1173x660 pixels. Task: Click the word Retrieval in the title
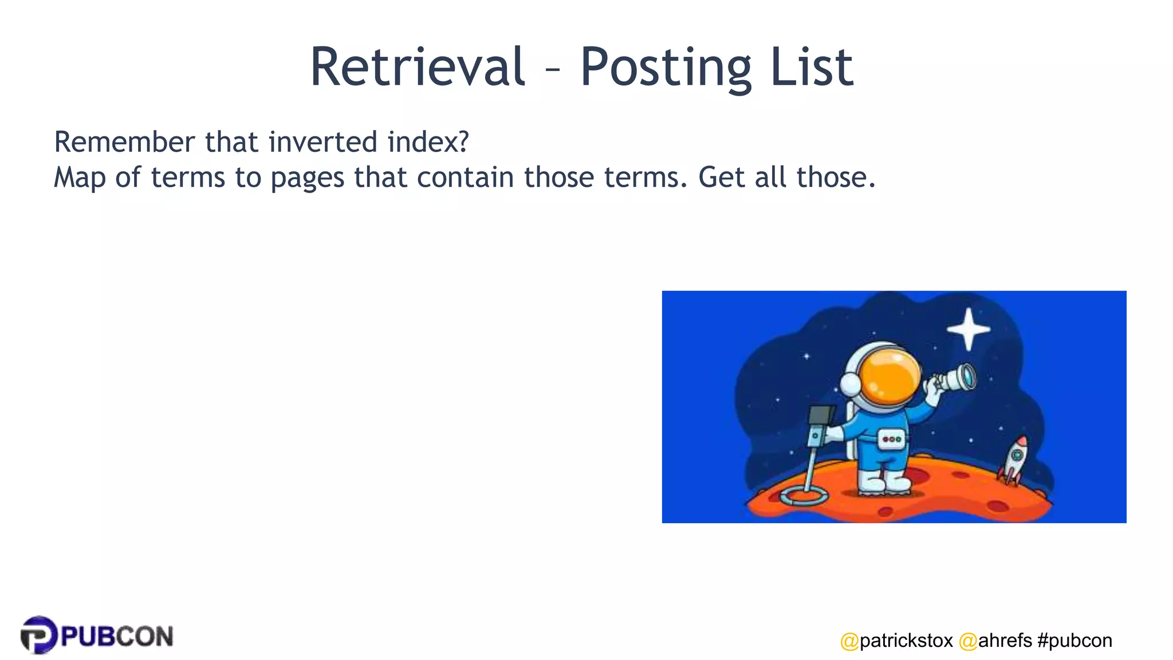417,67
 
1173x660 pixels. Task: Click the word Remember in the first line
124,142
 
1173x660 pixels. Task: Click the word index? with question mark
428,142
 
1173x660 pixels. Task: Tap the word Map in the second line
80,178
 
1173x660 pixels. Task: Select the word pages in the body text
308,178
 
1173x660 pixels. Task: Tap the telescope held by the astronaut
955,378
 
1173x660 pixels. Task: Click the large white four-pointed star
969,329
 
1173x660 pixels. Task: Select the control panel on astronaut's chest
891,439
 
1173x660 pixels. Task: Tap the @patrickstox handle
896,641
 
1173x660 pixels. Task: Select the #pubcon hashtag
1074,641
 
